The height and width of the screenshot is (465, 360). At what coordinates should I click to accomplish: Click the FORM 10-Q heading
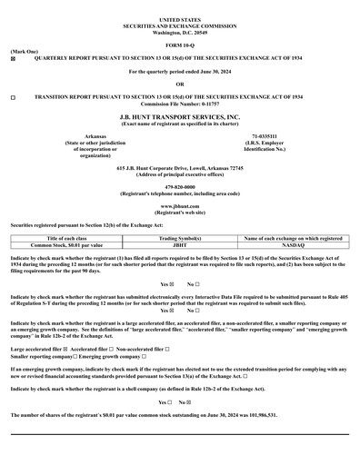click(x=179, y=43)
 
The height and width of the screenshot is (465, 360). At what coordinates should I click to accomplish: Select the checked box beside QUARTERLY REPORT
click(x=13, y=58)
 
